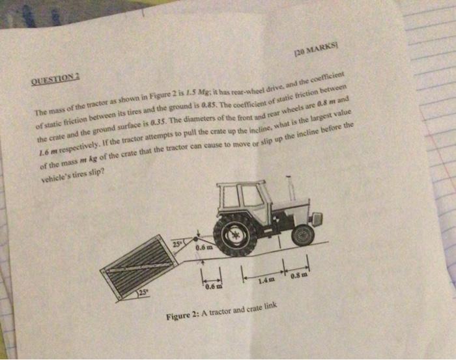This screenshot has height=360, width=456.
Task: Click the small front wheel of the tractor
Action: click(x=303, y=234)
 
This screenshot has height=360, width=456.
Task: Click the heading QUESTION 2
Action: click(x=54, y=78)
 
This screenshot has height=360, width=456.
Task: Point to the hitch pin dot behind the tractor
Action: click(x=197, y=239)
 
